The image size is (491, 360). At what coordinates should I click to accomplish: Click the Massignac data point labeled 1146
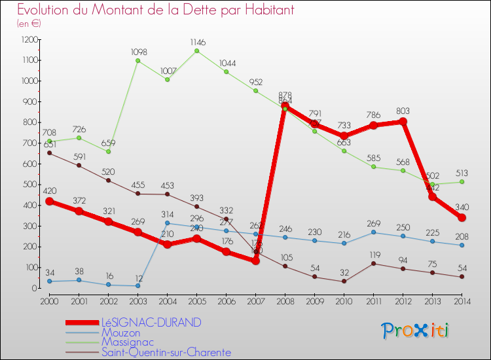click(198, 50)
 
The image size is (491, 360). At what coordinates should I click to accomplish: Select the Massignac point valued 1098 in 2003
click(137, 61)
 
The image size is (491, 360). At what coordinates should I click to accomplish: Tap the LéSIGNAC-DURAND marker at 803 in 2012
click(403, 122)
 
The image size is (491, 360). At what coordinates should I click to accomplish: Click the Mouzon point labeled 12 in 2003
click(137, 285)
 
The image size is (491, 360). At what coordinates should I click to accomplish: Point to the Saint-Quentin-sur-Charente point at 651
click(49, 153)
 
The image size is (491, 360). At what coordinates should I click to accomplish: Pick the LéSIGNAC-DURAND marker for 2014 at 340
click(462, 217)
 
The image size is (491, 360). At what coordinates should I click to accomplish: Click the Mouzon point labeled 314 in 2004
click(168, 223)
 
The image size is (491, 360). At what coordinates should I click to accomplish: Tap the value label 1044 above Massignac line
click(228, 63)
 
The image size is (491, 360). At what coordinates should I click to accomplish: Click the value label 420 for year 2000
click(48, 191)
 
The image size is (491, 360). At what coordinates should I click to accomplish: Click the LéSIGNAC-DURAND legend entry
click(151, 323)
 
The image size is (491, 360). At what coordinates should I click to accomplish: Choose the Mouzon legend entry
click(120, 333)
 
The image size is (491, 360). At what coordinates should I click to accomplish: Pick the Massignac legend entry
click(128, 342)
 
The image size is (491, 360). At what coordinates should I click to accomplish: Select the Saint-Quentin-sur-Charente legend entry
click(166, 352)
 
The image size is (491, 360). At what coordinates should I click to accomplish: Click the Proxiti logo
click(416, 330)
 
